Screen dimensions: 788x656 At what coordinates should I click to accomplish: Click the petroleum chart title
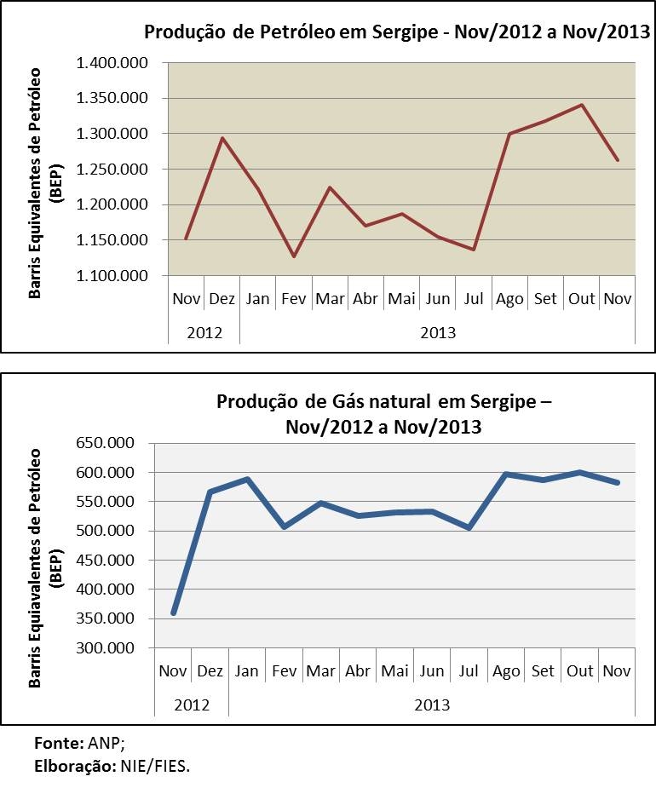point(397,32)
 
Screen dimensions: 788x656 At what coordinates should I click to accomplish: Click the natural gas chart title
point(384,414)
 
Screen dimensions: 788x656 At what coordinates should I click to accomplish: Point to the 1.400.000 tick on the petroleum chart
point(112,63)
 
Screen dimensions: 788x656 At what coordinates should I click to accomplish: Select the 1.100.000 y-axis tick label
point(112,276)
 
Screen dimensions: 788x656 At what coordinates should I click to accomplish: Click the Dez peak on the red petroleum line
point(222,138)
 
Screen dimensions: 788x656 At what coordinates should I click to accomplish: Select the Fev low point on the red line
point(294,256)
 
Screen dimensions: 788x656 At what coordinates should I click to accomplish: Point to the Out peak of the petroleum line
point(581,105)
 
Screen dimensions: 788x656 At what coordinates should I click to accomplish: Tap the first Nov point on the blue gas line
point(173,613)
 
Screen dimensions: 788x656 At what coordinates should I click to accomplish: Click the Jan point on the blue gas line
point(247,479)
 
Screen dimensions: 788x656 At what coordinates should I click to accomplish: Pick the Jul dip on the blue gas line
point(469,528)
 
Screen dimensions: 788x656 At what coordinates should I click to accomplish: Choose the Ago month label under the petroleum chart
point(509,299)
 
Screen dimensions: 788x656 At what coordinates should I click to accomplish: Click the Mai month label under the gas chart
point(395,671)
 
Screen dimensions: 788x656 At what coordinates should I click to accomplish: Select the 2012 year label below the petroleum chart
point(204,332)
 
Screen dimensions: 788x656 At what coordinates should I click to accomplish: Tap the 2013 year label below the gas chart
point(432,705)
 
